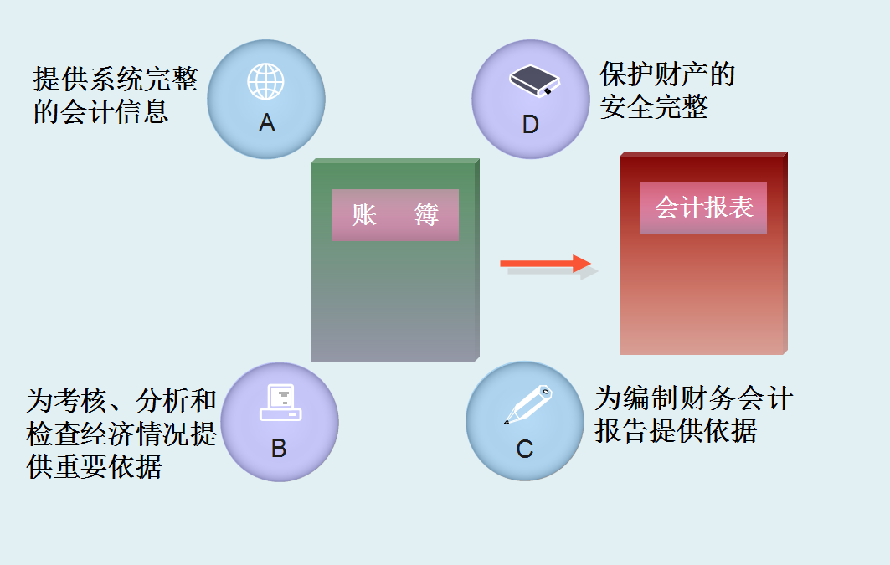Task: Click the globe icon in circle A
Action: pos(265,81)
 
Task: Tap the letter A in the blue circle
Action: pos(267,124)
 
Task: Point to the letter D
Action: pos(531,125)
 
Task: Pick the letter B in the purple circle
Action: pos(279,449)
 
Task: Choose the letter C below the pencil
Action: pos(525,449)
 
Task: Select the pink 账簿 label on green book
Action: pos(395,215)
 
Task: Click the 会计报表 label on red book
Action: pos(703,208)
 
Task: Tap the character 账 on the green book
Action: pos(364,215)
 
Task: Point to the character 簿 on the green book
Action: pos(426,215)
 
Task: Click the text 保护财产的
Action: pos(667,75)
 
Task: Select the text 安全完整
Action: pos(654,107)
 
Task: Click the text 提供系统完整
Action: pos(116,80)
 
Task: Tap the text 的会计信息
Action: pos(101,111)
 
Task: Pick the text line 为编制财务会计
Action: pos(694,398)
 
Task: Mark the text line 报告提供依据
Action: pos(676,430)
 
